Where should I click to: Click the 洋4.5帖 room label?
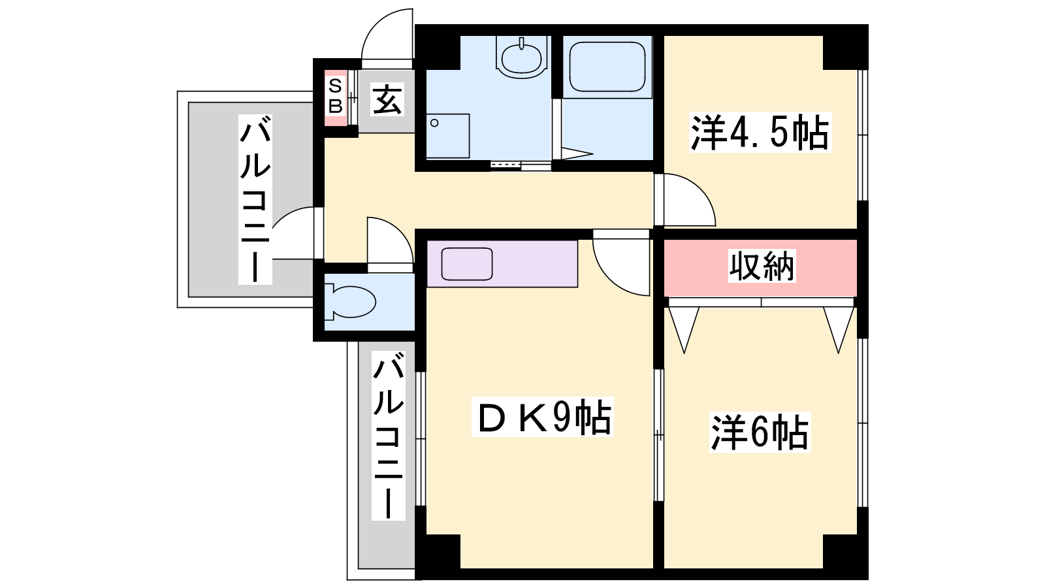click(x=760, y=132)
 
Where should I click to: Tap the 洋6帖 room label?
click(x=760, y=432)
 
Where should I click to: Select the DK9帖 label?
click(x=543, y=417)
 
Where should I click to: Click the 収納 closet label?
click(x=762, y=266)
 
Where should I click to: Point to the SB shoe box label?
click(x=336, y=97)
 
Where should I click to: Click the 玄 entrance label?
click(x=387, y=99)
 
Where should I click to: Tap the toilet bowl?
click(x=350, y=302)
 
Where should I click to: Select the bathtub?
click(x=607, y=67)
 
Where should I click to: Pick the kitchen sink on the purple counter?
click(x=467, y=264)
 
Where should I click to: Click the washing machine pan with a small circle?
click(x=447, y=136)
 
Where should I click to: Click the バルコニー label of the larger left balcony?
click(x=255, y=199)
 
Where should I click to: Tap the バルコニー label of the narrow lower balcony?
click(x=388, y=435)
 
